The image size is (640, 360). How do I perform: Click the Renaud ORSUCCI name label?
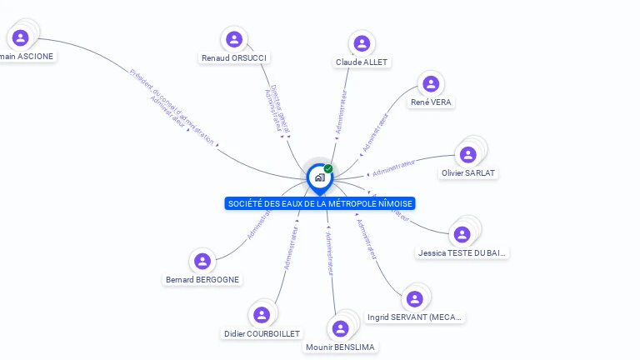click(235, 58)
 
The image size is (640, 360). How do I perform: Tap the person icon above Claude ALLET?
click(361, 43)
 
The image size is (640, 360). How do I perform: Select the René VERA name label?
click(432, 102)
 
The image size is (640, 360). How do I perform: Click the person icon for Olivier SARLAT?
click(467, 154)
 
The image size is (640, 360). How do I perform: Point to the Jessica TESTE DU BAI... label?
click(462, 252)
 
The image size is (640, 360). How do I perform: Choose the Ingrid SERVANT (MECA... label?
click(415, 317)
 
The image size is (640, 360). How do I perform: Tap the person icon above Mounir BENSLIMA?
click(340, 327)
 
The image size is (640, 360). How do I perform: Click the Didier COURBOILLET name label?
click(262, 333)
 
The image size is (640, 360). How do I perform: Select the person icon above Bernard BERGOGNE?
click(202, 261)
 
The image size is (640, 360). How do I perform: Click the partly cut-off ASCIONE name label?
click(27, 57)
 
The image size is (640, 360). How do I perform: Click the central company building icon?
click(319, 177)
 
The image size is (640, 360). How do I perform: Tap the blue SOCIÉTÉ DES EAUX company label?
click(320, 203)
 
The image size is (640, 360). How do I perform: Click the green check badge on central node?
click(328, 168)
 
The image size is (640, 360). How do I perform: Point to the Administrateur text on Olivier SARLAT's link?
click(393, 167)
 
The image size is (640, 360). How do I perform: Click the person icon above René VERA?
click(430, 83)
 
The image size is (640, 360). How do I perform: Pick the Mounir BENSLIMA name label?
click(340, 347)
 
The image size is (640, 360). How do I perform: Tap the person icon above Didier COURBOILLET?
click(262, 314)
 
